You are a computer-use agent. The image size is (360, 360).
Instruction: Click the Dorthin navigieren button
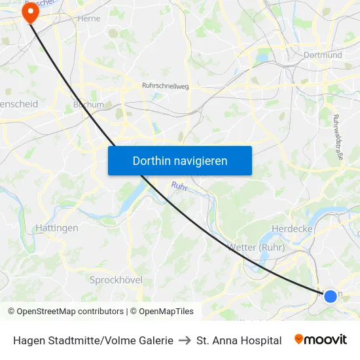(179, 160)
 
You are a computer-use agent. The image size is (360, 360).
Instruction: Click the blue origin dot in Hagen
(331, 296)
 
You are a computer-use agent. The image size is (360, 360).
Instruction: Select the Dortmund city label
(323, 55)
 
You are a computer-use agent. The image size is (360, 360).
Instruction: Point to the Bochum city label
(88, 104)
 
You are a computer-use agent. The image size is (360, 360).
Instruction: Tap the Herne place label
(88, 18)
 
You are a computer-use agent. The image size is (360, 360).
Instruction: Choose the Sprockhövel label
(116, 279)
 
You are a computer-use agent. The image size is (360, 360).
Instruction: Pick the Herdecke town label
(292, 228)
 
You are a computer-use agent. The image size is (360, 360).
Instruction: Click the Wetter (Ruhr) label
(255, 247)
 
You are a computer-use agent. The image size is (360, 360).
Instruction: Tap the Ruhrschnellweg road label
(166, 85)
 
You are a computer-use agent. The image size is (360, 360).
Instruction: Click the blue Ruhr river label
(179, 187)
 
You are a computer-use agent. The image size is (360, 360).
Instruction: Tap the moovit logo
(320, 340)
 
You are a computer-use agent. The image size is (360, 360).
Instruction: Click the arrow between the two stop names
(185, 340)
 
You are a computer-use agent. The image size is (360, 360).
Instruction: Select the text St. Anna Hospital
(239, 340)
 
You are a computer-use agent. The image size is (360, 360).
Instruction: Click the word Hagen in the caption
(27, 340)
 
